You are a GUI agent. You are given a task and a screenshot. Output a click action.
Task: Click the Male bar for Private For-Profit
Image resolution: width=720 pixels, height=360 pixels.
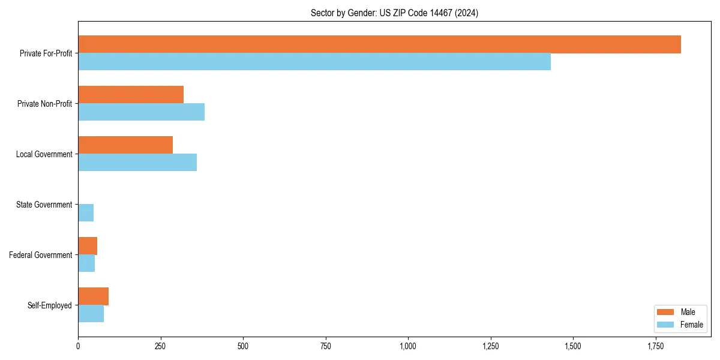point(379,44)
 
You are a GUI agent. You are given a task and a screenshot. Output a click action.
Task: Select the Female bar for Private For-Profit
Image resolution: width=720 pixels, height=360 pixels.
point(314,62)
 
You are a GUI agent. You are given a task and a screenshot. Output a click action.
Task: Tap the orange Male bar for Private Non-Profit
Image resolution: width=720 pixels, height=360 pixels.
point(131,95)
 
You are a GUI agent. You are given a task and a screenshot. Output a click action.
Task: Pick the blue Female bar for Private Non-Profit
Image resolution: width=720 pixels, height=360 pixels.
point(141,112)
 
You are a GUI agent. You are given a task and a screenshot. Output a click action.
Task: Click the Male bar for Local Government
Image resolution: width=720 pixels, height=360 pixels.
point(125,145)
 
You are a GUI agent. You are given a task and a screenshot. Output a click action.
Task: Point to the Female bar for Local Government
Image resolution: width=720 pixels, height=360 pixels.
point(137,163)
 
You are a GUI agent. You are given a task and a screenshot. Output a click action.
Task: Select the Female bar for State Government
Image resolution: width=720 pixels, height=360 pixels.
point(86,213)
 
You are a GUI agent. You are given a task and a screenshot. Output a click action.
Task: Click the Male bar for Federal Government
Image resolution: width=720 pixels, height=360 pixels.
point(88,246)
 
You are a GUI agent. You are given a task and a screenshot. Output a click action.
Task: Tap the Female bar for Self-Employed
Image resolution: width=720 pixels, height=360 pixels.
point(91,314)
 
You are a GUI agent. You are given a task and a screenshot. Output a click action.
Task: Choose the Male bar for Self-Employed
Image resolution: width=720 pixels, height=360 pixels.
point(93,296)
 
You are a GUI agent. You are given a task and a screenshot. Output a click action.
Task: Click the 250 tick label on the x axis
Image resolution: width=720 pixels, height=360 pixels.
point(160,346)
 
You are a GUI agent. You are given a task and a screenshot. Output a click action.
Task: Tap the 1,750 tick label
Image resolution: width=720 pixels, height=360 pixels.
point(656,346)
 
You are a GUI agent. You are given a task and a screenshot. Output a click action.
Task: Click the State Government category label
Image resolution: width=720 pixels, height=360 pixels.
point(44,205)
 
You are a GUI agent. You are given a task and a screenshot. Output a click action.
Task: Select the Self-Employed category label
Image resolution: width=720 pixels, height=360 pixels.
point(49,305)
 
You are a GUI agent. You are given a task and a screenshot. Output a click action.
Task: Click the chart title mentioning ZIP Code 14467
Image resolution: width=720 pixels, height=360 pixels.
point(394,13)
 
